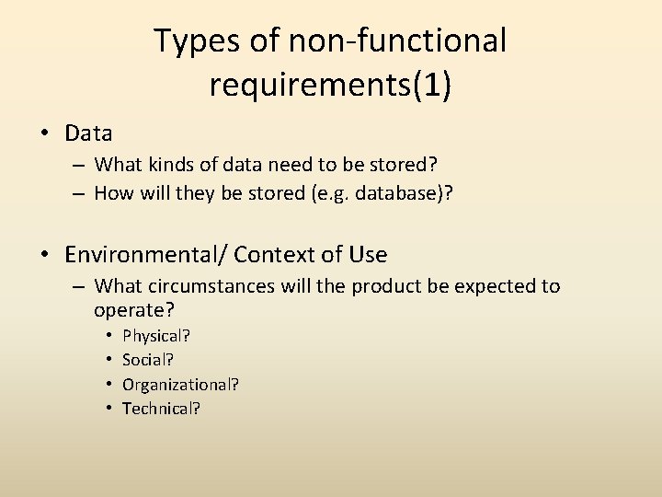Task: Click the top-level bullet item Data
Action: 88,133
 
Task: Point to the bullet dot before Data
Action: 45,133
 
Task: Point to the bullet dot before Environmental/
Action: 45,254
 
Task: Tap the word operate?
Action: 134,311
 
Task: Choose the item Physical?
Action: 156,336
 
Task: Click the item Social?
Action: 148,360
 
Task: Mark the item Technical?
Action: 161,408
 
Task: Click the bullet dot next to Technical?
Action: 108,408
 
